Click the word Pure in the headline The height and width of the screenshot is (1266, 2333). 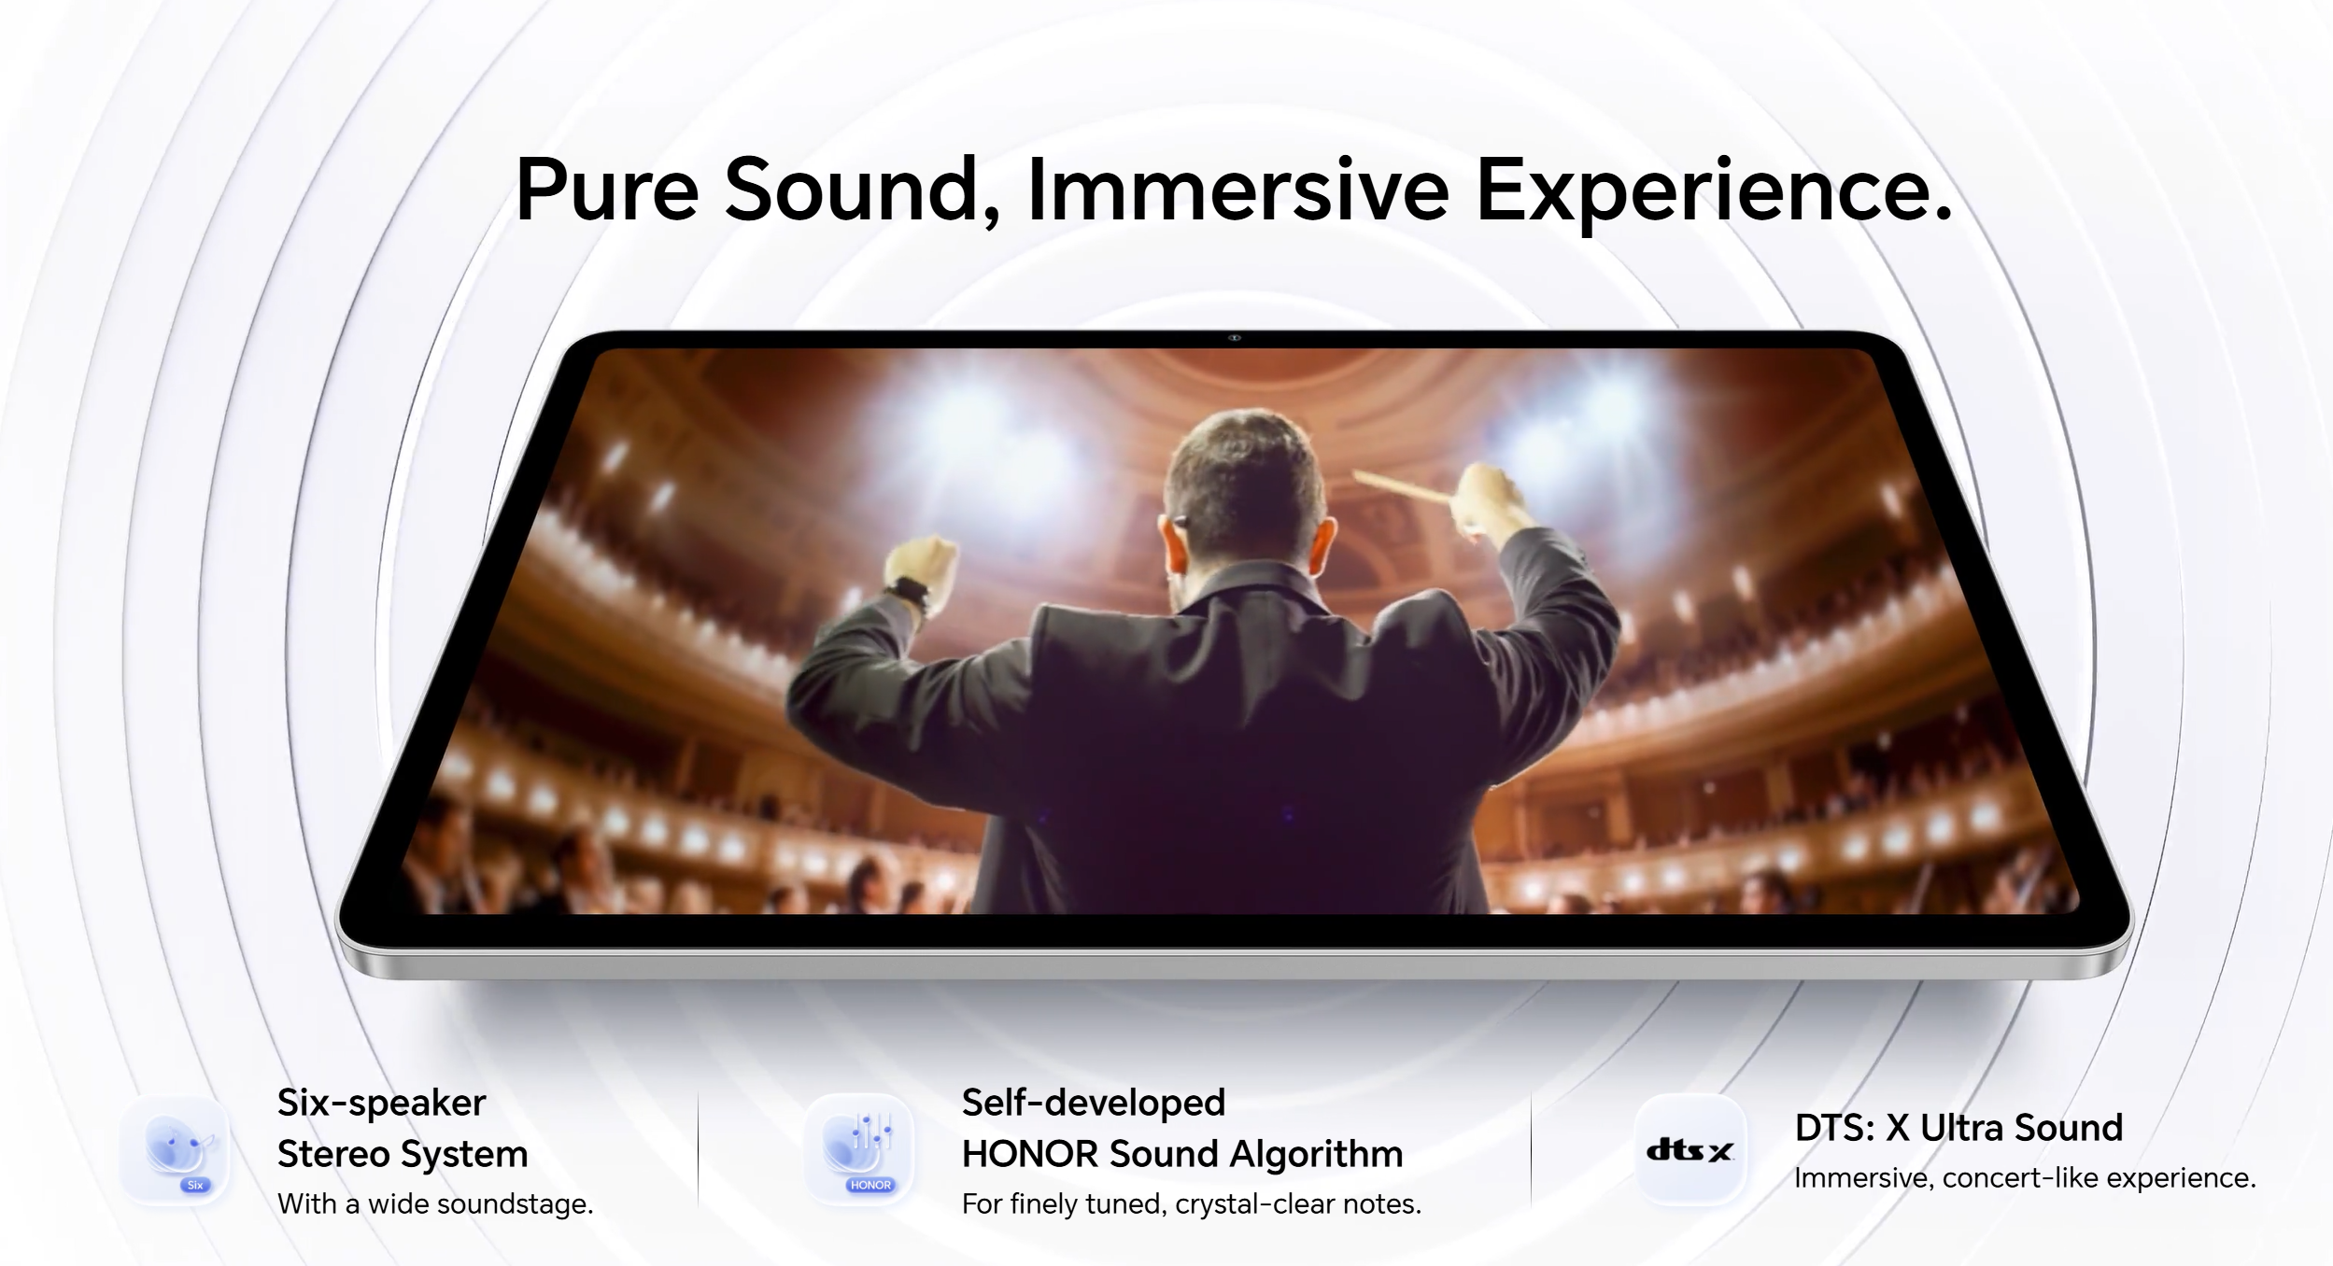pyautogui.click(x=607, y=190)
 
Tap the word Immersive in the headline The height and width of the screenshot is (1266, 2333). pyautogui.click(x=1237, y=190)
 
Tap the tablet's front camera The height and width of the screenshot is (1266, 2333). pyautogui.click(x=1235, y=338)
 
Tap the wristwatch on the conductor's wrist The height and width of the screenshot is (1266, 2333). pyautogui.click(x=910, y=595)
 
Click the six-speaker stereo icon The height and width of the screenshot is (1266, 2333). pyautogui.click(x=175, y=1150)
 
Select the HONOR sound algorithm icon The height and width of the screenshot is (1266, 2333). pyautogui.click(x=859, y=1150)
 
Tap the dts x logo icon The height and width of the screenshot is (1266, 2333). pyautogui.click(x=1690, y=1150)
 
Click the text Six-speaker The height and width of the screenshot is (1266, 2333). pyautogui.click(x=381, y=1104)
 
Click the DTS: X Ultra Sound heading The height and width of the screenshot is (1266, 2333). pyautogui.click(x=1958, y=1128)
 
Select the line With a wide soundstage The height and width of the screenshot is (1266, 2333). pyautogui.click(x=435, y=1204)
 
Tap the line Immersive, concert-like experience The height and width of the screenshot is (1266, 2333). pyautogui.click(x=2025, y=1178)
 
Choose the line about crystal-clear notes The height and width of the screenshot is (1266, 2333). pyautogui.click(x=1192, y=1204)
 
